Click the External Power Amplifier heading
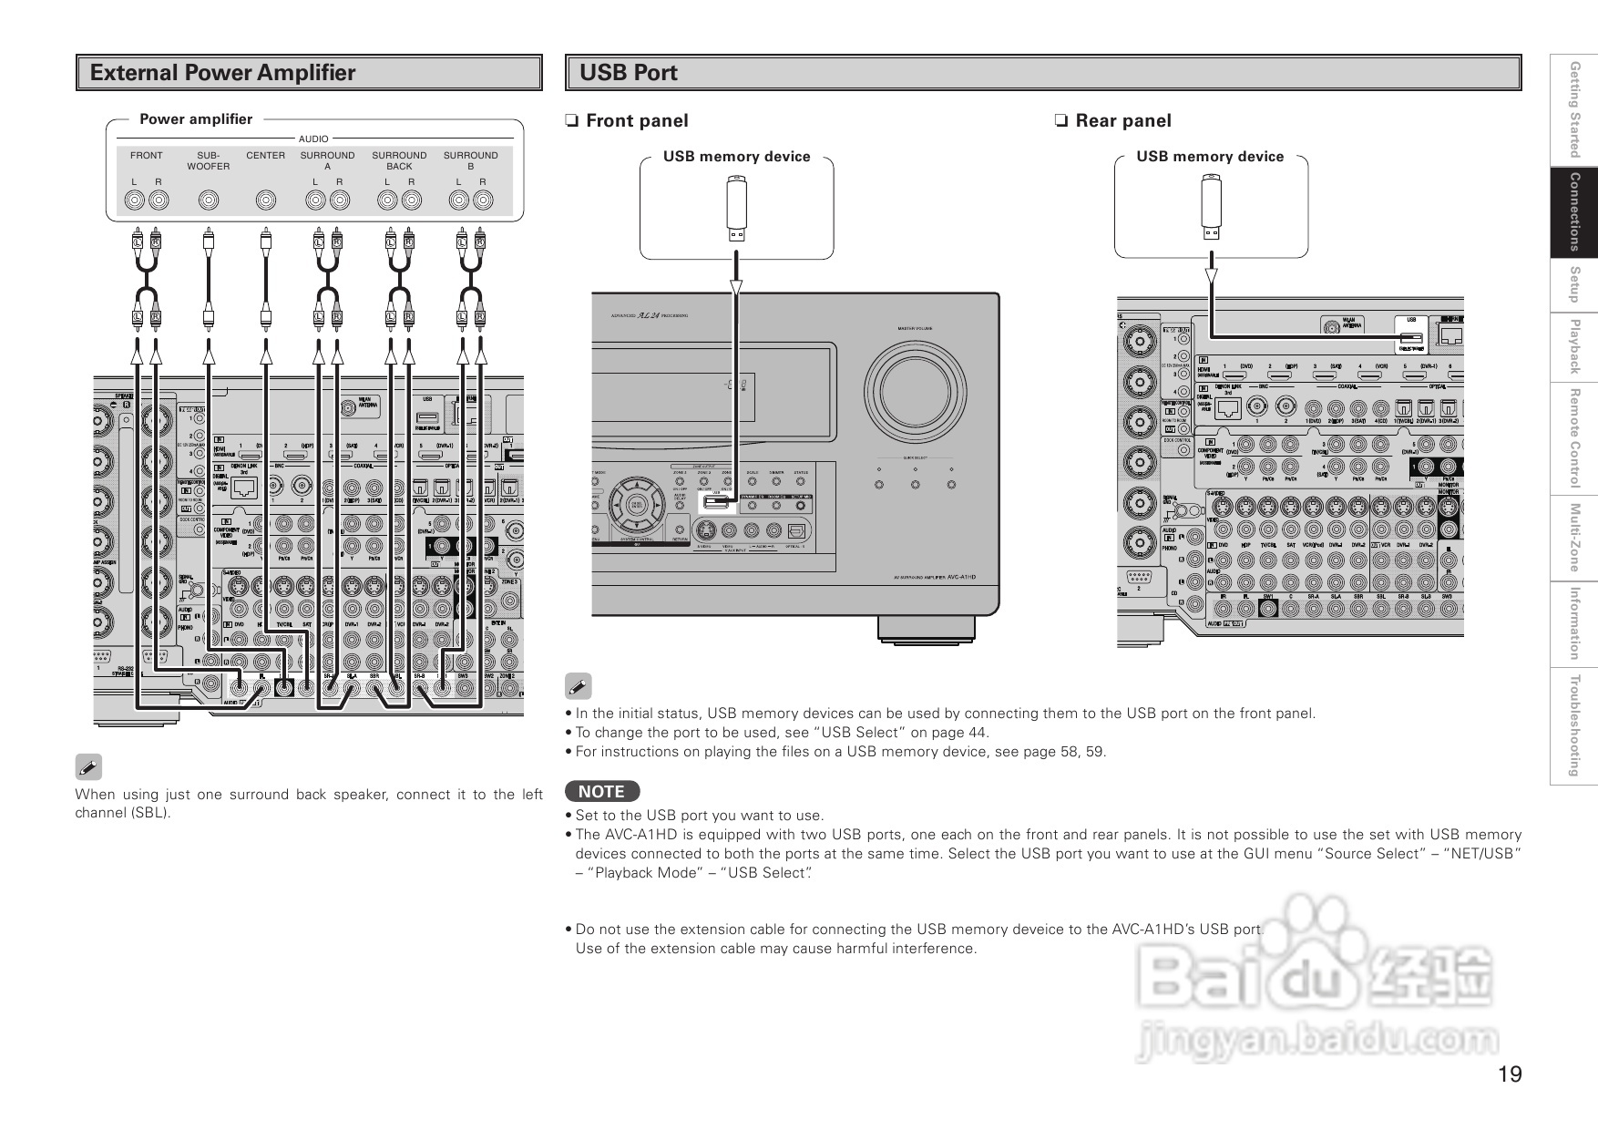(x=222, y=73)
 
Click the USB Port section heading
(x=629, y=73)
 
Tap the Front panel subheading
(x=636, y=120)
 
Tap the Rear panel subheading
(x=1122, y=120)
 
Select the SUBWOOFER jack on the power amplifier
(x=209, y=200)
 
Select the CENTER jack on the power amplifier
(x=265, y=200)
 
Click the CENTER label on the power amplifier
(x=265, y=156)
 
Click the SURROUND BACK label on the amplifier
(x=399, y=160)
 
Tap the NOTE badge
(x=602, y=791)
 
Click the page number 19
(x=1510, y=1074)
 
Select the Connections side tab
(x=1573, y=211)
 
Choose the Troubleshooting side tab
(x=1573, y=725)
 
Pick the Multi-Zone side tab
(x=1573, y=538)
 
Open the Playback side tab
(x=1573, y=346)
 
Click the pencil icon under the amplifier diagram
(x=88, y=767)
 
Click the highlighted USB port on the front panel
(x=716, y=500)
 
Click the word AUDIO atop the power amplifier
(x=313, y=139)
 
